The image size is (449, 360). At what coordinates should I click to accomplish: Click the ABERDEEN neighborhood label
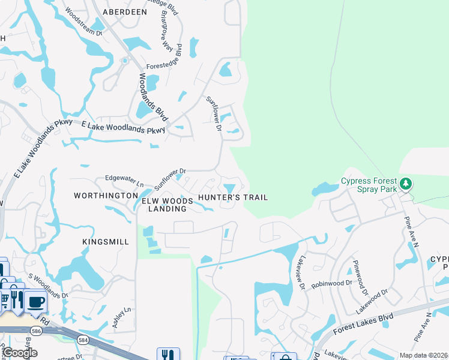pyautogui.click(x=125, y=11)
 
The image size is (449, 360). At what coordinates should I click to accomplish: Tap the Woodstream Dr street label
pyautogui.click(x=84, y=23)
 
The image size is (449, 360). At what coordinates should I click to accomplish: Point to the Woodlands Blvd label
pyautogui.click(x=154, y=97)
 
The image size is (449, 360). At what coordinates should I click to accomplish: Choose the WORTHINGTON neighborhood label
pyautogui.click(x=106, y=196)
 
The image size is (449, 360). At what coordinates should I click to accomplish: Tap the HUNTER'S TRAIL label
pyautogui.click(x=232, y=197)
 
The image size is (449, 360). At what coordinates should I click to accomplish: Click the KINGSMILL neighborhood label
pyautogui.click(x=106, y=242)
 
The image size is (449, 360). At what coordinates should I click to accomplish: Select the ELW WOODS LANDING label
pyautogui.click(x=167, y=204)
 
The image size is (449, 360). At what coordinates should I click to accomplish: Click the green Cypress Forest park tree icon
pyautogui.click(x=406, y=183)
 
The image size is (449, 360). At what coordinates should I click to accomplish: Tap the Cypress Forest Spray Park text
pyautogui.click(x=369, y=185)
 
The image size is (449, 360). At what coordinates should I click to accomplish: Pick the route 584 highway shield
pyautogui.click(x=81, y=340)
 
